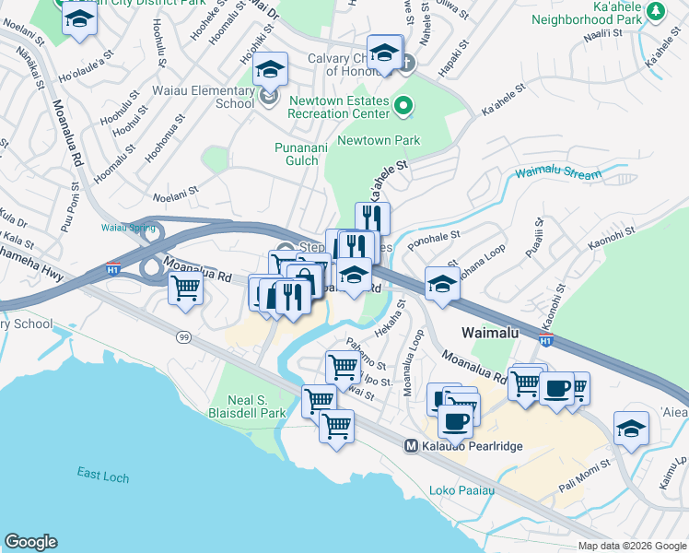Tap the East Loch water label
[101, 473]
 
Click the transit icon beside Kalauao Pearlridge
[412, 445]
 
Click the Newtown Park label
[379, 141]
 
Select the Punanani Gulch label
[296, 154]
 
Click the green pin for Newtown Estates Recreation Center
[403, 107]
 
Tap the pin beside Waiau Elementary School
[269, 95]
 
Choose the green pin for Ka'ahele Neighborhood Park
[655, 12]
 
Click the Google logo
[30, 542]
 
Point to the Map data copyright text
[632, 546]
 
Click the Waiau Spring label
[123, 227]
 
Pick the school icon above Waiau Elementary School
[271, 70]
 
